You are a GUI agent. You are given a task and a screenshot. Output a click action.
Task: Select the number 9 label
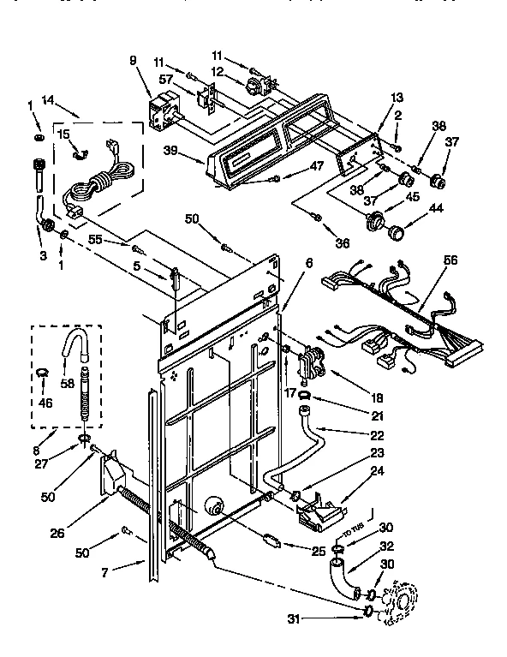[133, 61]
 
